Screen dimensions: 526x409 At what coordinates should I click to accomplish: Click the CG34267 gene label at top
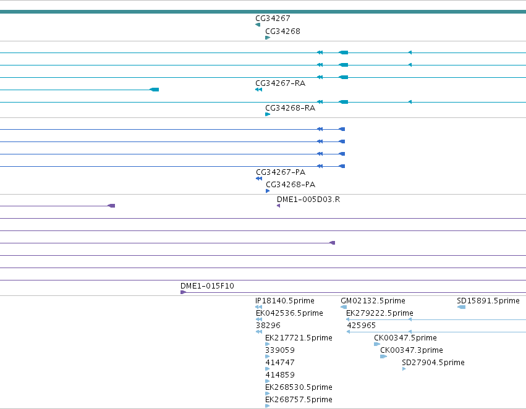pos(273,19)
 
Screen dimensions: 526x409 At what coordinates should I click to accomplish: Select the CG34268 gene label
pos(282,32)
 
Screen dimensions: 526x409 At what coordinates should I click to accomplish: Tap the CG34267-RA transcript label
pos(280,83)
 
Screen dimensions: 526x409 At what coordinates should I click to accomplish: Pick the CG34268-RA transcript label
pos(290,108)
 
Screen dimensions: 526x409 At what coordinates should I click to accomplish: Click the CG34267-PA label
pos(281,172)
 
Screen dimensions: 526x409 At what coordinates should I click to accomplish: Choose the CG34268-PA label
pos(291,185)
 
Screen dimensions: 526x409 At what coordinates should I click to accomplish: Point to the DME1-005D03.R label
pos(308,200)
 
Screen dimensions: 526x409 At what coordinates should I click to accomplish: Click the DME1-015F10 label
pos(207,286)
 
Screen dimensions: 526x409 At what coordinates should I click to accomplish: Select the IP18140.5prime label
pos(285,301)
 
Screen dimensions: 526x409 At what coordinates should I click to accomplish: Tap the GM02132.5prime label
pos(373,301)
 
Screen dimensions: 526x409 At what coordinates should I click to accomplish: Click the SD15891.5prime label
pos(488,301)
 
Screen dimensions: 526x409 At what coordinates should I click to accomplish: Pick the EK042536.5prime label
pos(289,313)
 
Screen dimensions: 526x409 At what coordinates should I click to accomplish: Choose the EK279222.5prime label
pos(380,313)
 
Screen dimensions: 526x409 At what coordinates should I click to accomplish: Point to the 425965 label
pos(361,326)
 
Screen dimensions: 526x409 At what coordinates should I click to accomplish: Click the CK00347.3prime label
pos(411,350)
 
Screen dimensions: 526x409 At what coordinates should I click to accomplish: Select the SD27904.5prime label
pos(433,363)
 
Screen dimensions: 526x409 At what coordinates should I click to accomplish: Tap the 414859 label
pos(280,375)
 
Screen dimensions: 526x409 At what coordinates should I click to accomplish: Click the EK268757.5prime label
pos(299,400)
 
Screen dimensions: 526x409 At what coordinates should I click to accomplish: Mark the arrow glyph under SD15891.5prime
pos(461,307)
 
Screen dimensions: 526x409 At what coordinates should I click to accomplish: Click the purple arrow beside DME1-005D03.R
pos(278,206)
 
